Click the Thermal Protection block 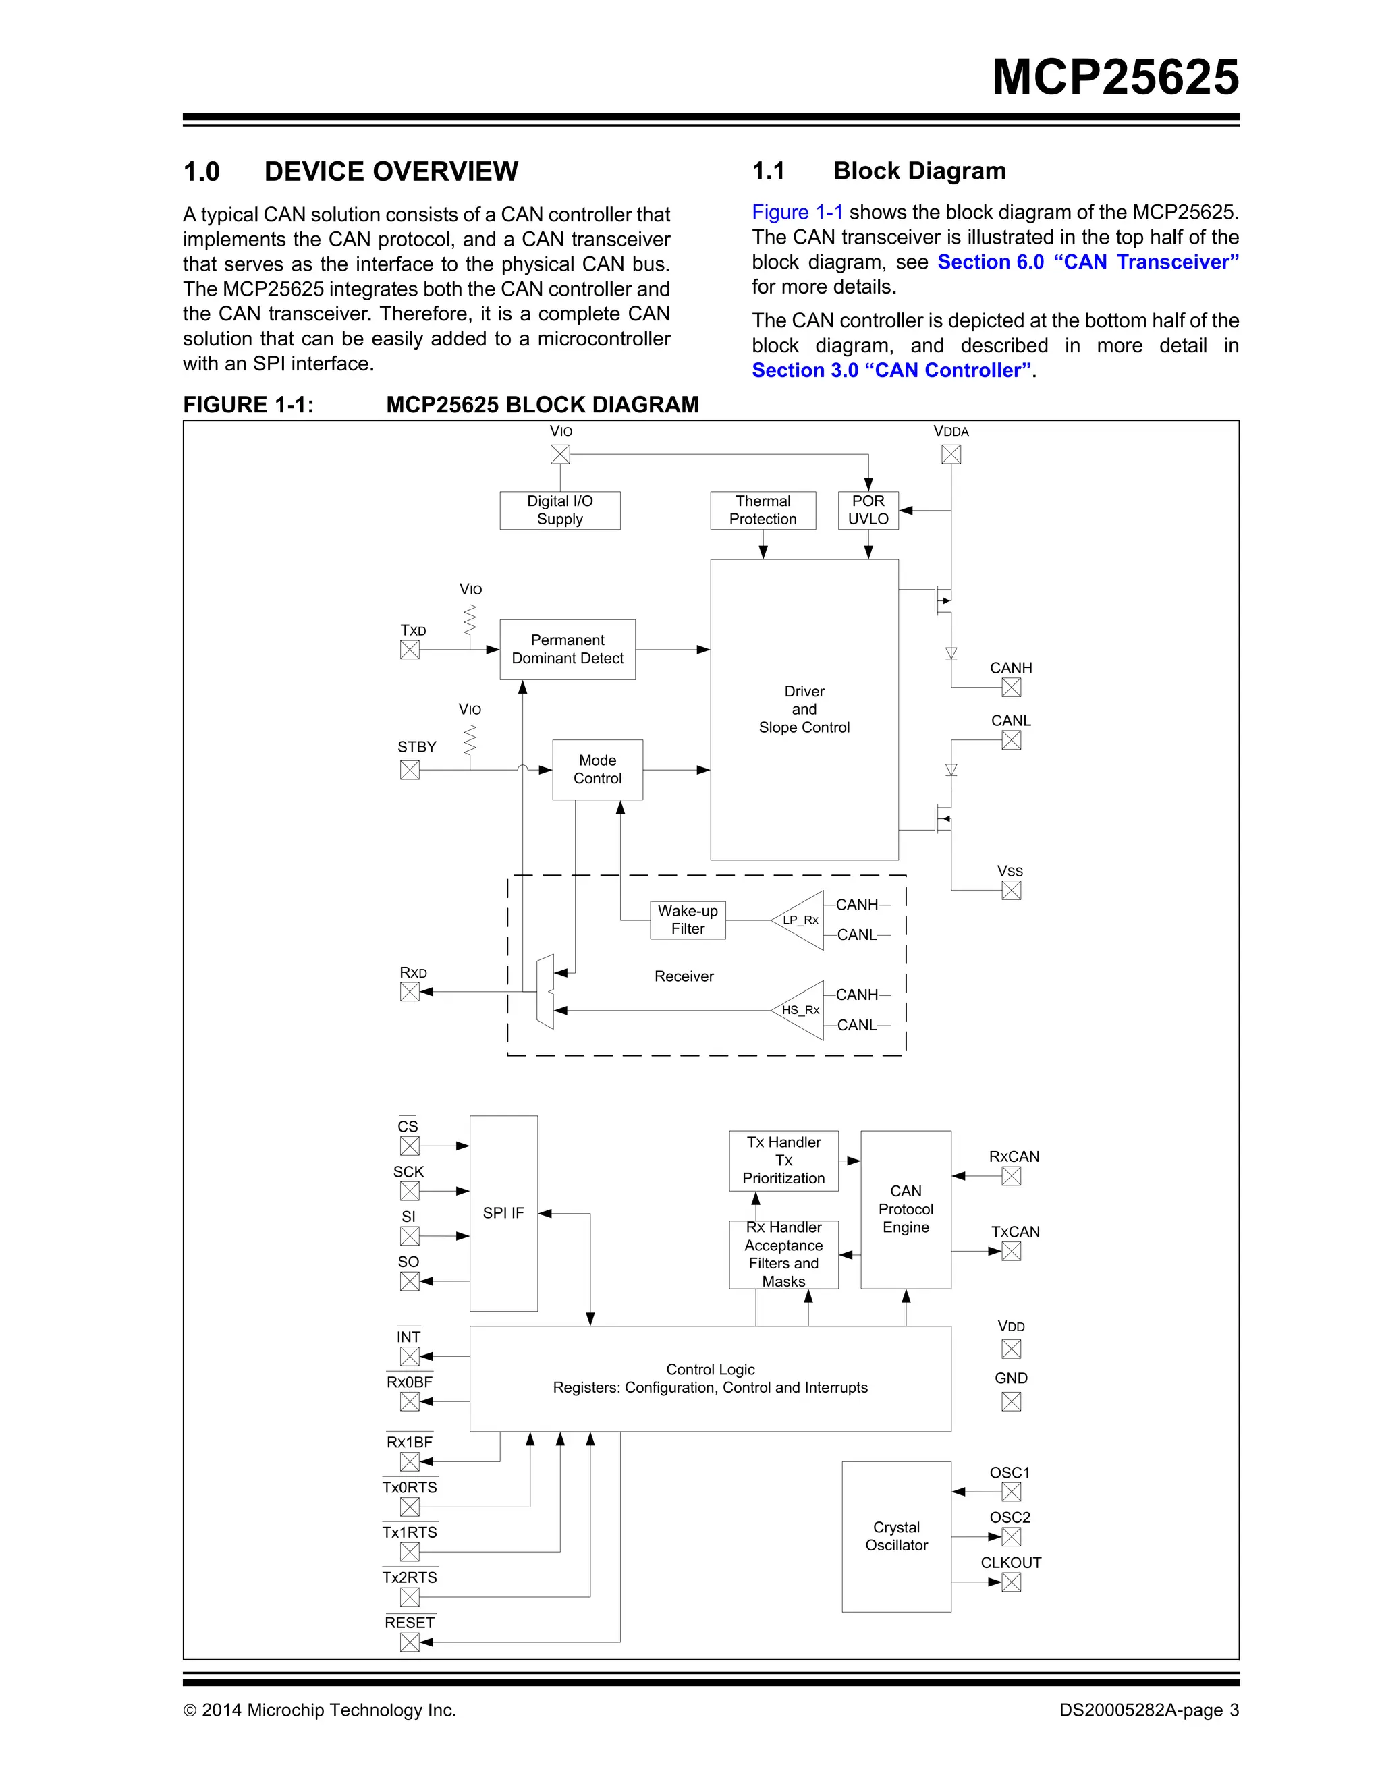(763, 510)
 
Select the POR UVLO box (868, 510)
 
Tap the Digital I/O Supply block (560, 510)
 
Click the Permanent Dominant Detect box (568, 649)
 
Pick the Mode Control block (598, 770)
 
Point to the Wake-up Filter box (688, 920)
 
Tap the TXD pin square (410, 650)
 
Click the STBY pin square (410, 771)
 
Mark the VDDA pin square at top (951, 454)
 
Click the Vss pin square (1011, 891)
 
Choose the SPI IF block (503, 1213)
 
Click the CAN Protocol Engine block (906, 1209)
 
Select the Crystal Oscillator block (897, 1536)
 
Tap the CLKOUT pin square (1011, 1582)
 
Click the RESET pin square (410, 1642)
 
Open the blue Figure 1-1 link (798, 213)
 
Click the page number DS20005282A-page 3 (1149, 1710)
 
